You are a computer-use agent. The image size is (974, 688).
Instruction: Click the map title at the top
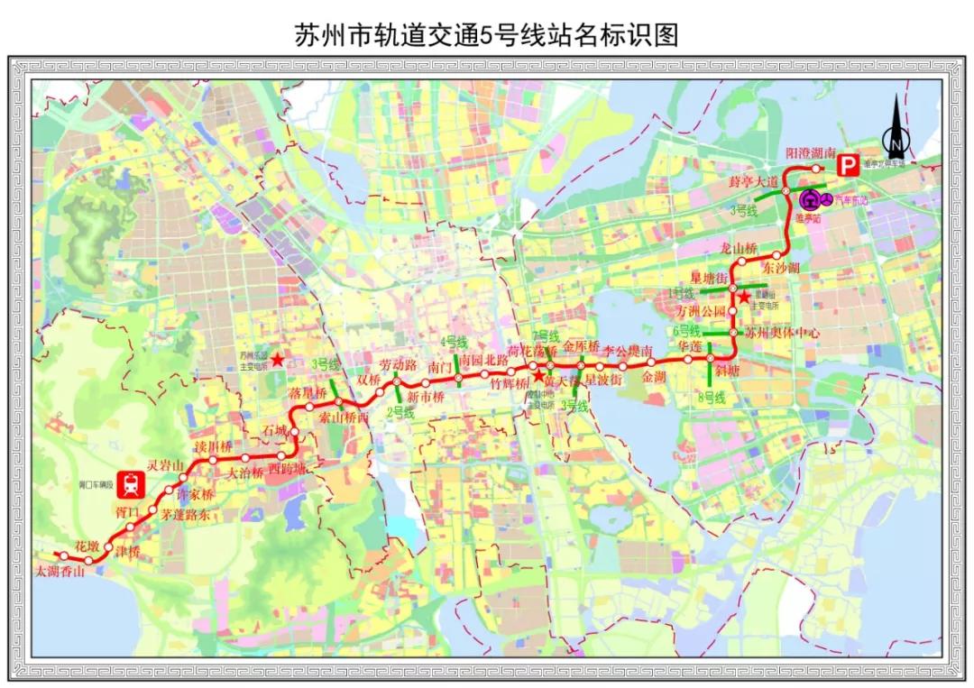tap(486, 34)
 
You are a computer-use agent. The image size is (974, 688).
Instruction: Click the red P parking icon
tap(848, 165)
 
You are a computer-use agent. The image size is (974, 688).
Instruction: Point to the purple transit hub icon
tap(810, 197)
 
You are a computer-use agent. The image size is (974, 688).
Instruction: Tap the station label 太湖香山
tap(60, 571)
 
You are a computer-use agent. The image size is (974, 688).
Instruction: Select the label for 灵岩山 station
tap(166, 465)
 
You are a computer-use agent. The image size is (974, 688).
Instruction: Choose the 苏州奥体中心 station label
tap(783, 332)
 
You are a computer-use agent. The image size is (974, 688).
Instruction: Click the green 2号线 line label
tap(400, 412)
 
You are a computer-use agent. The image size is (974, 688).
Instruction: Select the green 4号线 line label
tap(453, 342)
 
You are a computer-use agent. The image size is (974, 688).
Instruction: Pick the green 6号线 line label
tap(686, 330)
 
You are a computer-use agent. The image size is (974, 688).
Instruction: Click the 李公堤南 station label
tap(633, 350)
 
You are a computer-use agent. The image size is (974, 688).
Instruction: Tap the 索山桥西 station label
tap(345, 417)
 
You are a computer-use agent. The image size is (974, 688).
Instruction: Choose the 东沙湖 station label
tap(780, 268)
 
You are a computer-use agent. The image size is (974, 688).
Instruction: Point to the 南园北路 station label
tap(483, 359)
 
